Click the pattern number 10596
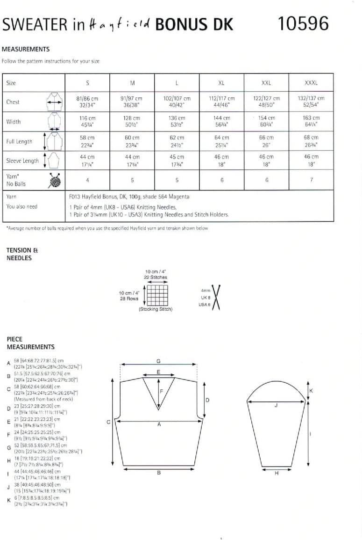(x=303, y=23)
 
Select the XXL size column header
(x=266, y=83)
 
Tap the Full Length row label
(x=19, y=141)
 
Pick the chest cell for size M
(x=132, y=102)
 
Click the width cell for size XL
(x=221, y=122)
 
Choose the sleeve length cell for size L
(x=177, y=161)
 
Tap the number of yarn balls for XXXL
(x=311, y=180)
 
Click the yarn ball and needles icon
(x=55, y=180)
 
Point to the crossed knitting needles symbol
(x=216, y=297)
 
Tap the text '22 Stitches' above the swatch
(x=156, y=277)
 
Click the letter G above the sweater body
(x=159, y=361)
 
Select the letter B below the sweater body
(x=159, y=473)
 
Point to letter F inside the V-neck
(x=162, y=391)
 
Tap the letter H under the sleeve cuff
(x=276, y=473)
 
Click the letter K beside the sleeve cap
(x=311, y=391)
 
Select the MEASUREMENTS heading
(x=26, y=49)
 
